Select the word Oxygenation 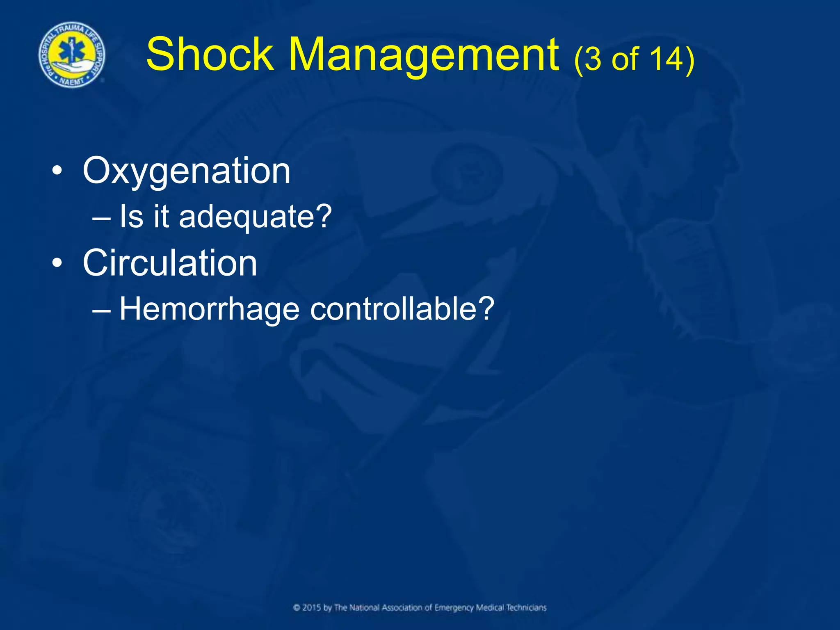point(187,171)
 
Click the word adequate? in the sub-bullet point(255,217)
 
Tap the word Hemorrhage point(209,309)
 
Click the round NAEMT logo point(72,55)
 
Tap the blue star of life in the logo point(72,49)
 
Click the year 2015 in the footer point(312,607)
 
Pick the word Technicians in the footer point(526,607)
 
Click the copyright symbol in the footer point(297,608)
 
